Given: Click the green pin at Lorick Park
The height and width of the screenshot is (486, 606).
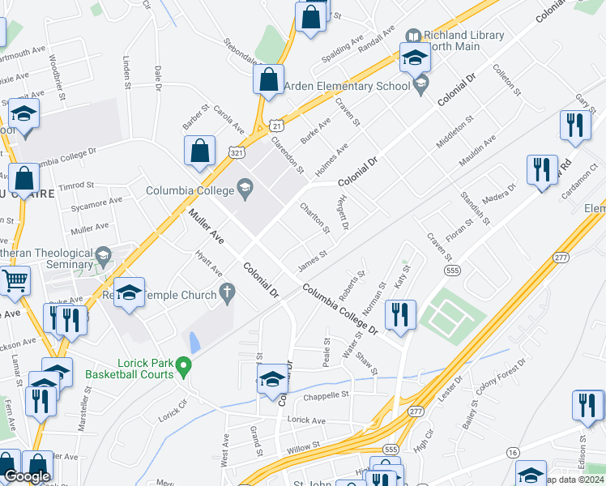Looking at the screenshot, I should (184, 369).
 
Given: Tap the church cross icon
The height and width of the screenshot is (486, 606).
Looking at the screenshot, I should (228, 291).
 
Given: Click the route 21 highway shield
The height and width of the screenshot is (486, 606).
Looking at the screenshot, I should (277, 126).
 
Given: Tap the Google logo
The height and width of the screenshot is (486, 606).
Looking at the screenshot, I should (27, 477).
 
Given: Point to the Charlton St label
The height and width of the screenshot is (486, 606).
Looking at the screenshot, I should (315, 218).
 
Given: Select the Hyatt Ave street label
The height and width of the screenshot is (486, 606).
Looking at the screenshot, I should (207, 262).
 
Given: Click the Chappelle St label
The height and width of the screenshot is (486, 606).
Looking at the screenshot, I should (326, 396).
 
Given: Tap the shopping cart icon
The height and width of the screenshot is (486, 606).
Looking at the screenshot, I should (15, 282).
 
